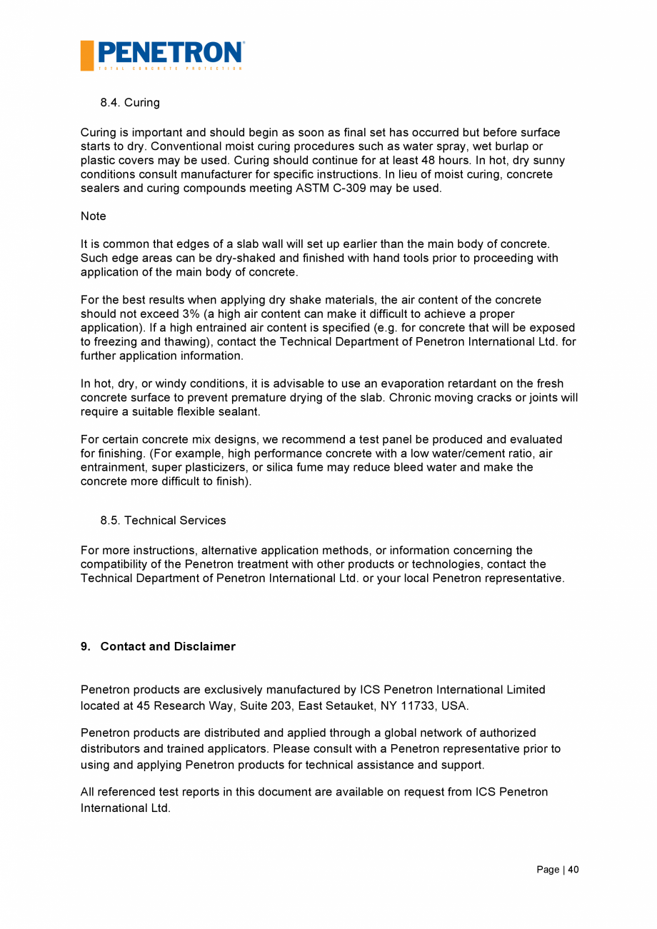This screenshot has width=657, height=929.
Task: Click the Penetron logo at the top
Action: click(162, 55)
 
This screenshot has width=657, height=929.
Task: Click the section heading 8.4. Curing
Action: click(130, 102)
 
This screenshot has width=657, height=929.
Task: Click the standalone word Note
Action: click(93, 216)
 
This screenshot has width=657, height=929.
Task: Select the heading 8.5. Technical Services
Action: click(163, 520)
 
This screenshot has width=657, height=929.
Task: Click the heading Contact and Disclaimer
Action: click(168, 646)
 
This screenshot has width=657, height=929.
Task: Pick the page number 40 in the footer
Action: click(573, 869)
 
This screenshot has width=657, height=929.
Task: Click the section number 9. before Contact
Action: click(85, 646)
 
